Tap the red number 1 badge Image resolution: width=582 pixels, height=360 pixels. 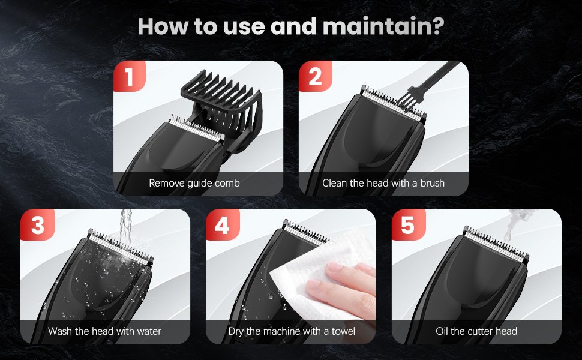pos(130,77)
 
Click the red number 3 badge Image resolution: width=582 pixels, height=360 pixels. pos(37,226)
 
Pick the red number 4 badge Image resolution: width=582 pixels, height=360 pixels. pos(222,226)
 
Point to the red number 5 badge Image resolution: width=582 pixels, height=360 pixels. pos(407,226)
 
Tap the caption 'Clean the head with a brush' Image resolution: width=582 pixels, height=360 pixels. pos(383,183)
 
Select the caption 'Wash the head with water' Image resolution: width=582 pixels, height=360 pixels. pos(104,331)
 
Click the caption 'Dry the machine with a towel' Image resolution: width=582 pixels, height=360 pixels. pos(292,331)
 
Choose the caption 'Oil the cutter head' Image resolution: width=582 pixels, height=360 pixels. pos(476,331)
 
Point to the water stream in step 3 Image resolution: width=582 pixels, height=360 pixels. pos(124,231)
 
